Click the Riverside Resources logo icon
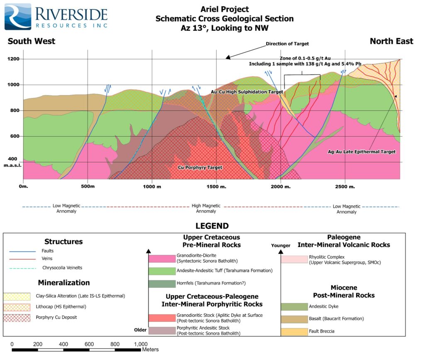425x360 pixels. (x=18, y=17)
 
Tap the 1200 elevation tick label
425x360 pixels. (x=13, y=59)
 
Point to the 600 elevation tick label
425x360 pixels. (x=14, y=136)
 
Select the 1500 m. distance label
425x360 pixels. (x=216, y=187)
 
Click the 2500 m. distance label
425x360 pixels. (x=345, y=187)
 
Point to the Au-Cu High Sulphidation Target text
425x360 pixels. (x=247, y=92)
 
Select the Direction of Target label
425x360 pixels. (x=287, y=44)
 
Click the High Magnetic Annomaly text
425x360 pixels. (x=206, y=208)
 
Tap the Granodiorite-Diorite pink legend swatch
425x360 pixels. (x=162, y=259)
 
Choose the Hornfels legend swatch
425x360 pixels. (x=162, y=284)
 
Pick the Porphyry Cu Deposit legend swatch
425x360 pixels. (x=17, y=318)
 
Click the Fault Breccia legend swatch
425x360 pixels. (x=294, y=332)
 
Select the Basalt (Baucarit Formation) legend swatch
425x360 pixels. (x=294, y=319)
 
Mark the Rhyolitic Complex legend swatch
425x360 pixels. (x=294, y=259)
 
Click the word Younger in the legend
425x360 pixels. (x=281, y=245)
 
